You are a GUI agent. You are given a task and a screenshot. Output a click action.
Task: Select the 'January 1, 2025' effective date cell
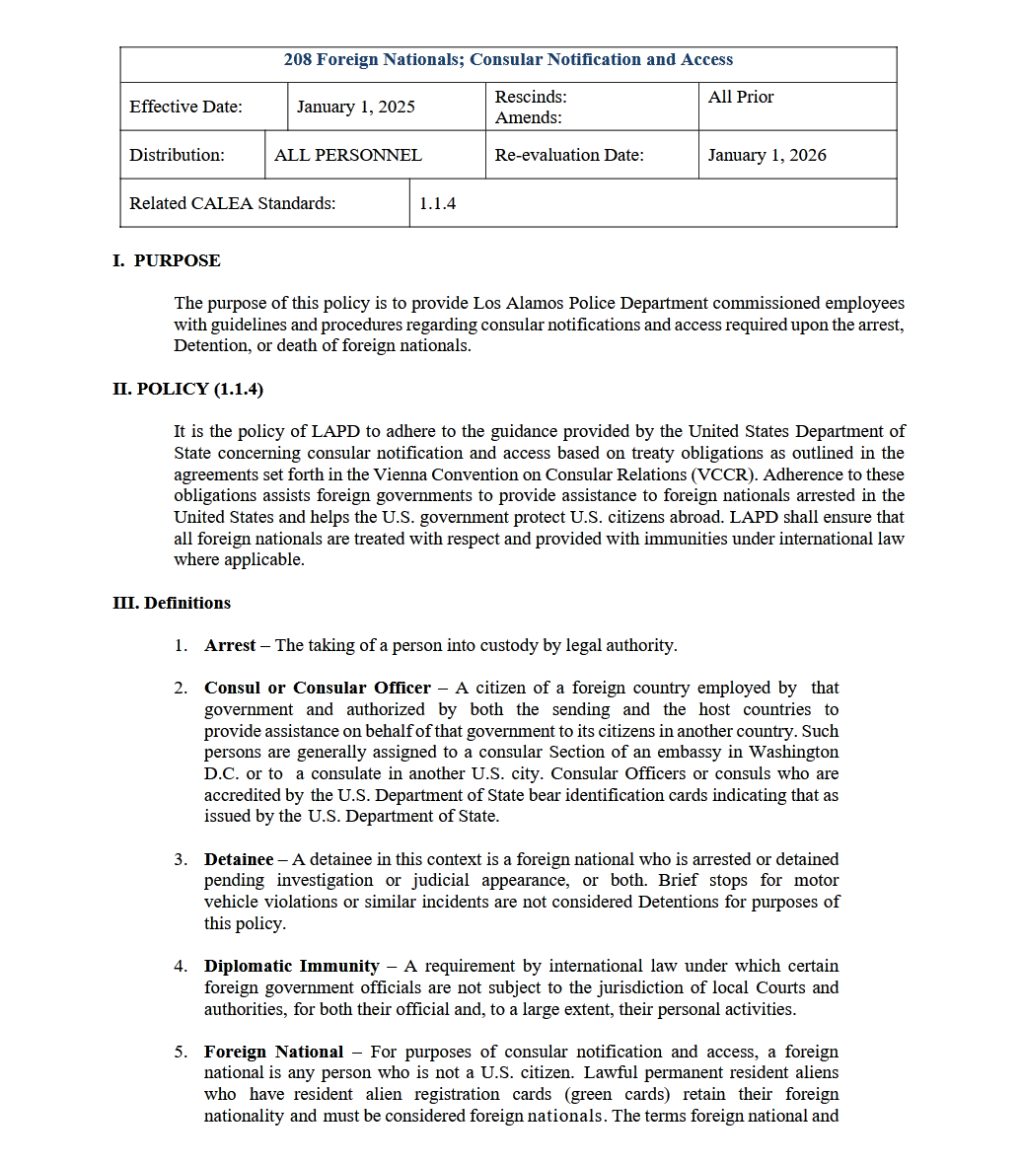coord(355,107)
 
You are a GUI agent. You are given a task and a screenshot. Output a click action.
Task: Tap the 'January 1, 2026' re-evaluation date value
coord(766,155)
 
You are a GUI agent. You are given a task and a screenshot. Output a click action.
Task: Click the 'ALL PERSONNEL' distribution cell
coord(347,155)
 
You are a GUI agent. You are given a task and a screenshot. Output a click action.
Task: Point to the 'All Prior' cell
coord(740,97)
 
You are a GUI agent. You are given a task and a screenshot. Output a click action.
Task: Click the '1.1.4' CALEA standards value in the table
coord(437,203)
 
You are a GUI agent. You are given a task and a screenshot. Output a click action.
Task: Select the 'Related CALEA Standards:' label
coord(232,203)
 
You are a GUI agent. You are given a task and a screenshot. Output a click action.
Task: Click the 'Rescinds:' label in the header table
coord(530,97)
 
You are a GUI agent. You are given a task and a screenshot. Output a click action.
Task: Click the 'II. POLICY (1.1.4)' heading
coord(187,389)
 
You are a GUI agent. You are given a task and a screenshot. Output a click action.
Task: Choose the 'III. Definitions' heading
coord(172,603)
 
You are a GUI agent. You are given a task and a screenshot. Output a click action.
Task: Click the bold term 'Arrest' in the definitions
coord(230,645)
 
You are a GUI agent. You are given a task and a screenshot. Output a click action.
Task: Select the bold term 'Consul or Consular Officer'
coord(317,688)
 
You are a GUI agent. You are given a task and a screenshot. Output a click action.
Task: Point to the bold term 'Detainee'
coord(238,859)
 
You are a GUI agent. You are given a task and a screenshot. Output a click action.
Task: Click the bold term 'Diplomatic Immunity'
coord(291,966)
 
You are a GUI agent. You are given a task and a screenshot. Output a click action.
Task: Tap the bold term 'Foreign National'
coord(273,1052)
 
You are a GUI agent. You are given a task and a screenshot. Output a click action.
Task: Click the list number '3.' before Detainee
coord(181,859)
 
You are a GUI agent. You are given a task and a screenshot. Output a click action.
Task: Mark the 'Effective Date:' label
coord(185,107)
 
